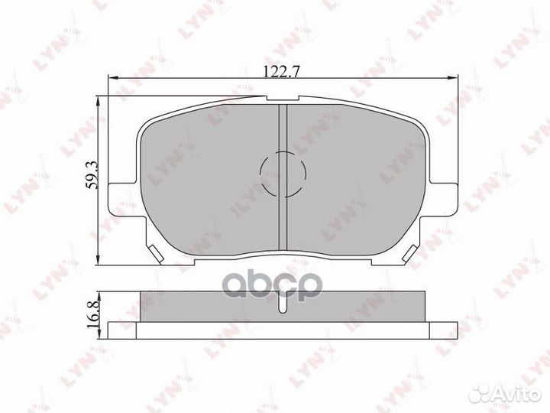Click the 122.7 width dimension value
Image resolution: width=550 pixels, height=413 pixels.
click(282, 71)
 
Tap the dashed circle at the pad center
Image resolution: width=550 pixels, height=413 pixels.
click(282, 172)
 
